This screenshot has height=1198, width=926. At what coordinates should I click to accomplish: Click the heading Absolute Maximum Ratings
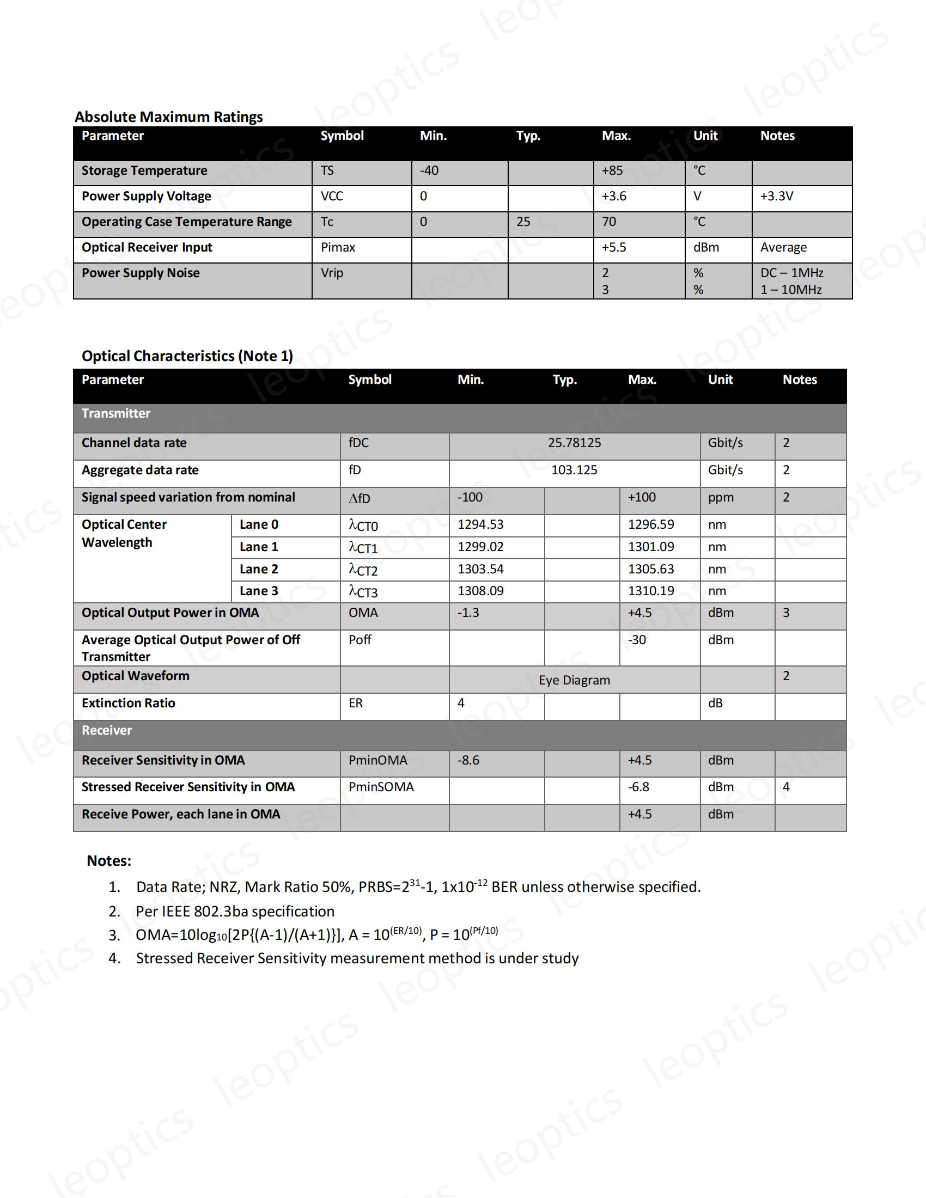click(x=168, y=117)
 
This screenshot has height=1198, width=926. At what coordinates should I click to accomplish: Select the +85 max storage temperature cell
click(x=612, y=170)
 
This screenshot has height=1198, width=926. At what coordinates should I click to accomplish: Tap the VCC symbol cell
click(x=332, y=197)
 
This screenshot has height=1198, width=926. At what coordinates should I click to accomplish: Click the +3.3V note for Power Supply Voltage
click(x=776, y=197)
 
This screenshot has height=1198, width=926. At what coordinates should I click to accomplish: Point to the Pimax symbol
click(x=338, y=247)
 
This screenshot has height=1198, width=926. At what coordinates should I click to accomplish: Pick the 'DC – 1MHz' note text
click(x=791, y=273)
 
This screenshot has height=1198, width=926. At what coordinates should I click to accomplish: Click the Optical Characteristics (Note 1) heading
click(x=187, y=356)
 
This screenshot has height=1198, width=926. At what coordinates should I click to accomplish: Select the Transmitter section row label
click(x=115, y=414)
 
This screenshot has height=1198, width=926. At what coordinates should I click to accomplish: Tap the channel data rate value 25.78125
click(x=574, y=443)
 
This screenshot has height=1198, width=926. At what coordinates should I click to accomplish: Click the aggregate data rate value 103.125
click(x=574, y=470)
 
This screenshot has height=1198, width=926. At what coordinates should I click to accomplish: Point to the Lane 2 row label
click(x=258, y=570)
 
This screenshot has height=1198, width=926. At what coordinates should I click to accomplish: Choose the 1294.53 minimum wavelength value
click(x=480, y=524)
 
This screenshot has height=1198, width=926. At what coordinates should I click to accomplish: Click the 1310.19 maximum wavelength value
click(x=650, y=591)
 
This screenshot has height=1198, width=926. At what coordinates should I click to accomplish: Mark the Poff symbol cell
click(x=360, y=640)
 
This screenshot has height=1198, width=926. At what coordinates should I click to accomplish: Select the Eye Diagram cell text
click(x=574, y=680)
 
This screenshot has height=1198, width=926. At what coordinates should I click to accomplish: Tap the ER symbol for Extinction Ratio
click(x=356, y=703)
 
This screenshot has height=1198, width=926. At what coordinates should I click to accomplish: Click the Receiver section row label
click(x=106, y=731)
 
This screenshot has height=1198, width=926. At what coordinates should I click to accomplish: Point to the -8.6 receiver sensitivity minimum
click(x=468, y=760)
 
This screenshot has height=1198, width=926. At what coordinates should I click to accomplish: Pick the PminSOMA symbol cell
click(x=381, y=787)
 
